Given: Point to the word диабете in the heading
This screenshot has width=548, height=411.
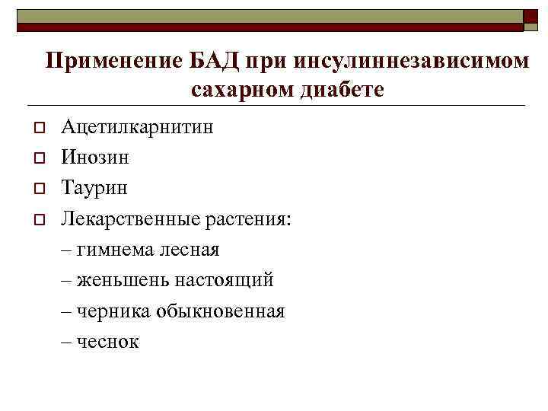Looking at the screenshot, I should coord(342,90).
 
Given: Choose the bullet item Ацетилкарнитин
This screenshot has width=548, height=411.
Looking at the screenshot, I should coord(138,126).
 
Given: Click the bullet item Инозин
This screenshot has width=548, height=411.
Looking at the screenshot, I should coord(95,158).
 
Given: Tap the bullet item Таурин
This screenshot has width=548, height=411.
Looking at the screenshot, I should coord(94,187).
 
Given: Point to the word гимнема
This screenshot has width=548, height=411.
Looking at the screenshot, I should coord(113,249).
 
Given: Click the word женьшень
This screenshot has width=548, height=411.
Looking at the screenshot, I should coord(123,280).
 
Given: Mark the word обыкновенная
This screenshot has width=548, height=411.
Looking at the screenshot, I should coord(220,311).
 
